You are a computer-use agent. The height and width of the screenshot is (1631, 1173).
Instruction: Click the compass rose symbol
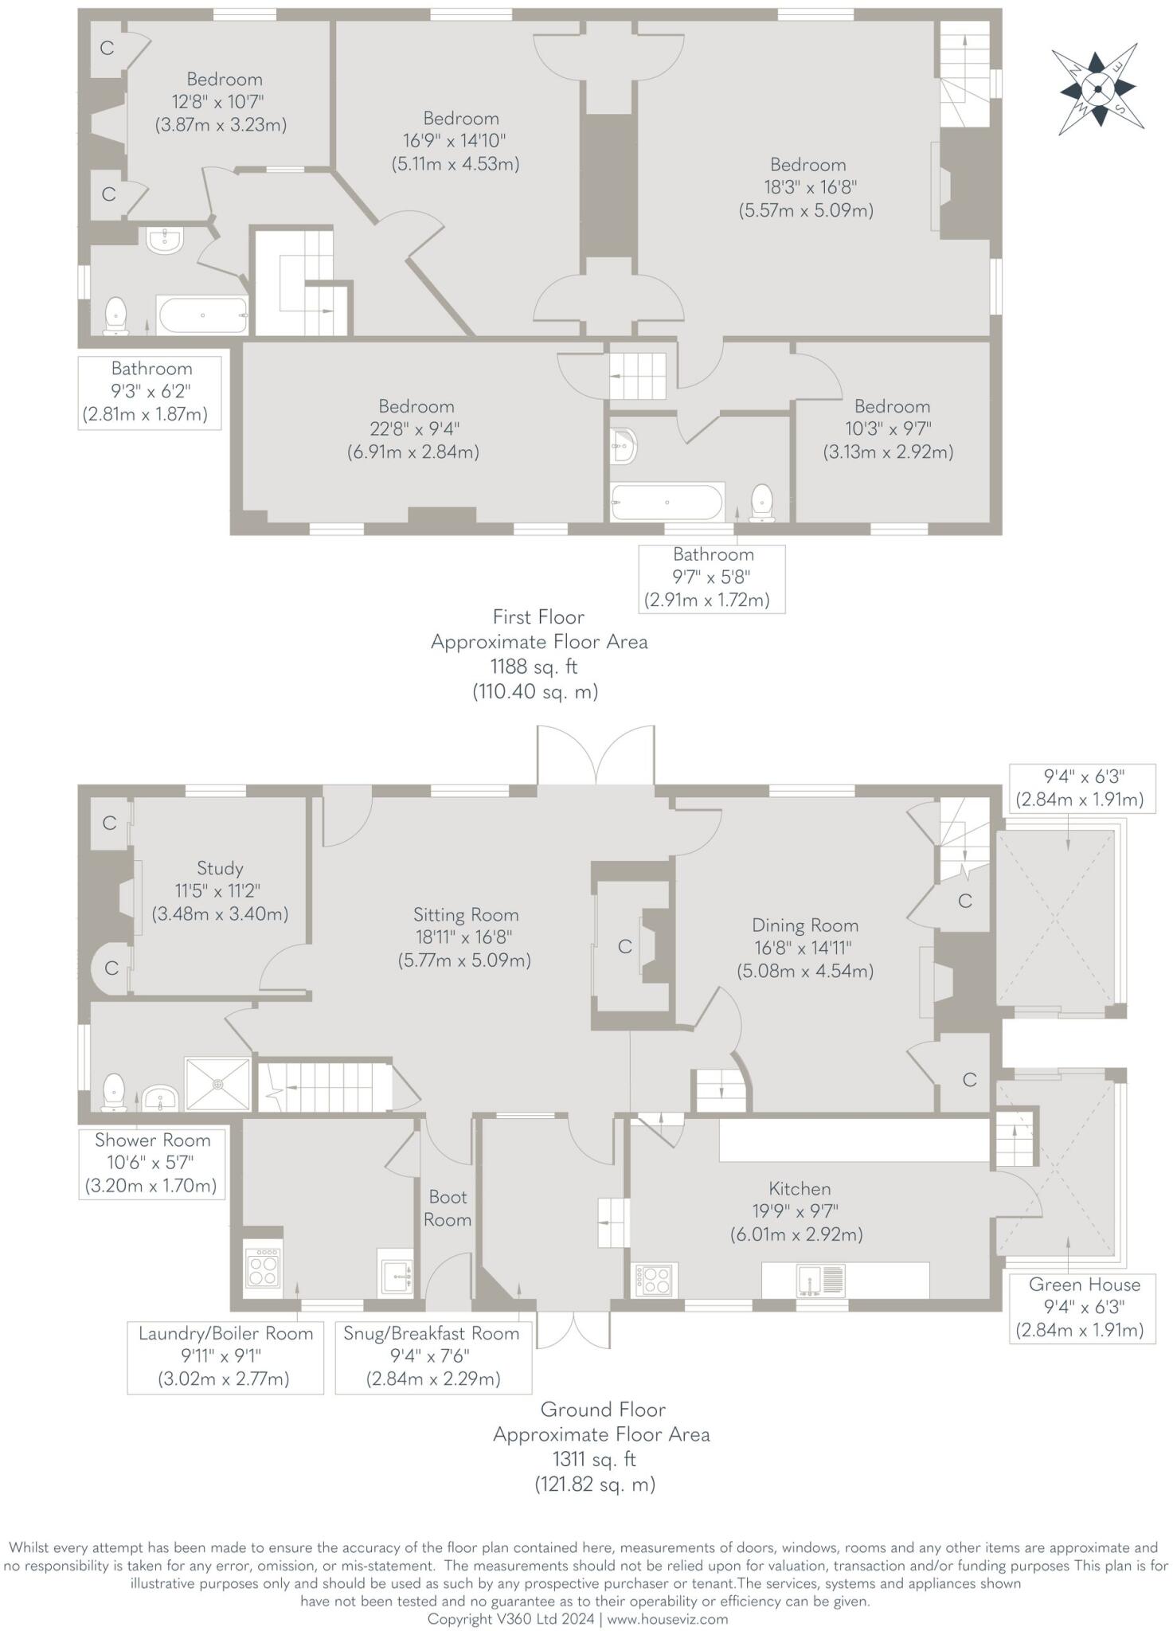click(x=1098, y=88)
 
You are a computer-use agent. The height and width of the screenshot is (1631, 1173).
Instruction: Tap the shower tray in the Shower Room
click(x=217, y=1084)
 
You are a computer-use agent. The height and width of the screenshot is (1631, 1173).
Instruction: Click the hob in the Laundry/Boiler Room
click(x=263, y=1267)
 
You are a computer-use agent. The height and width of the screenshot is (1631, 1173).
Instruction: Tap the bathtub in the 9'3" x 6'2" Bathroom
click(x=203, y=315)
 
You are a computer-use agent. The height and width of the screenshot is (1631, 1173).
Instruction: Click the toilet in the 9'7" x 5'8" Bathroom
click(x=762, y=503)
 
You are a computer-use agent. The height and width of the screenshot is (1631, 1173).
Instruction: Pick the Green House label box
click(x=1083, y=1307)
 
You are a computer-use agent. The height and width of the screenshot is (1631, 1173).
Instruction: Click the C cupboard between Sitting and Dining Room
click(x=625, y=946)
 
